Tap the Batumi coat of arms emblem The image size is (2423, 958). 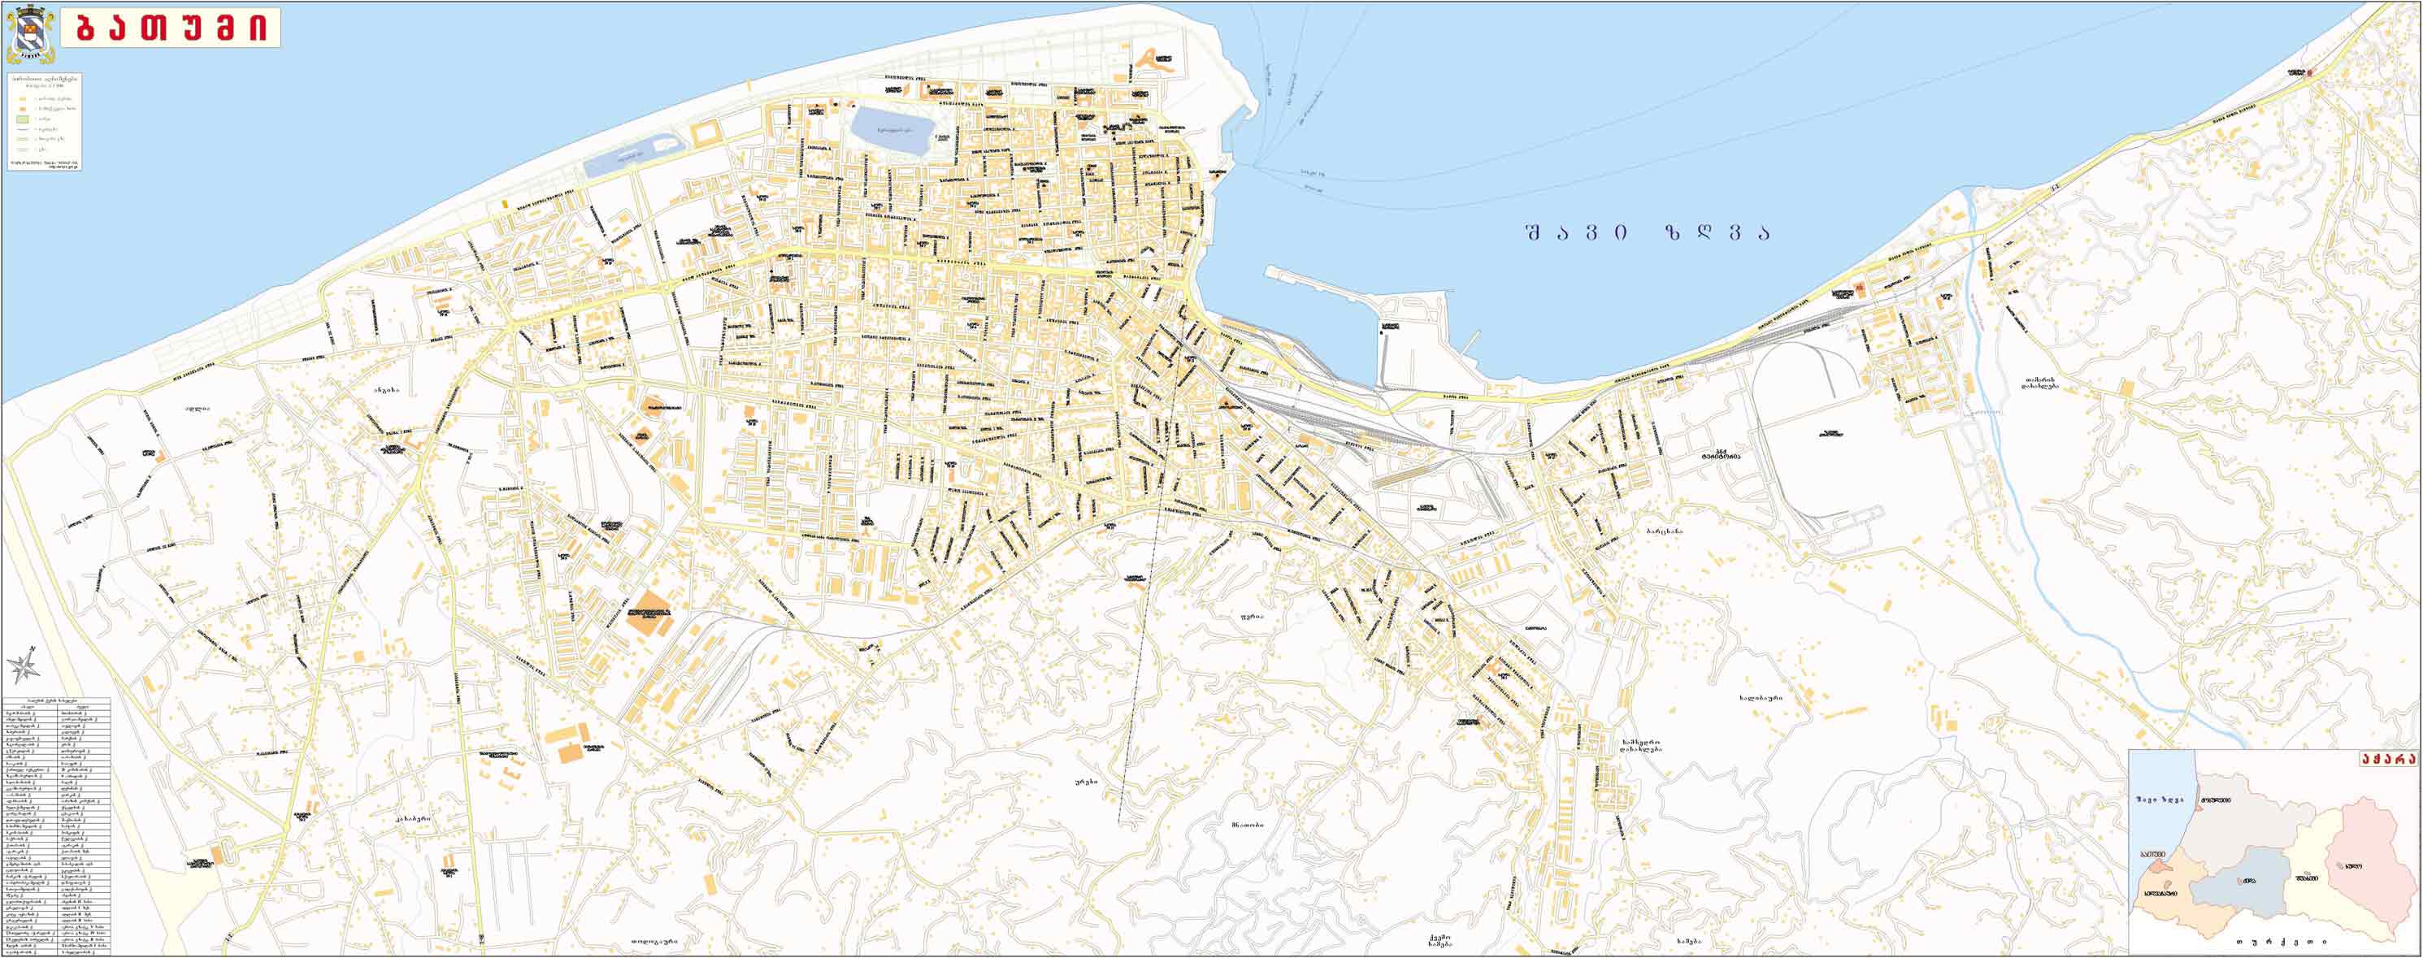(x=30, y=34)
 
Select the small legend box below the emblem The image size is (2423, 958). (x=44, y=122)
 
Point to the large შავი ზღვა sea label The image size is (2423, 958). (x=1646, y=232)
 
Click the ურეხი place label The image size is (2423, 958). (x=1087, y=781)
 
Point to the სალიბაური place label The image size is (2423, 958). (x=1761, y=698)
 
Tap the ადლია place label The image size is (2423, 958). (x=197, y=408)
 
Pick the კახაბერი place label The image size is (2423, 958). (x=413, y=819)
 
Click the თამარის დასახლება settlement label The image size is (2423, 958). (x=2042, y=384)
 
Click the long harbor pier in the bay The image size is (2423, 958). (x=1317, y=283)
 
